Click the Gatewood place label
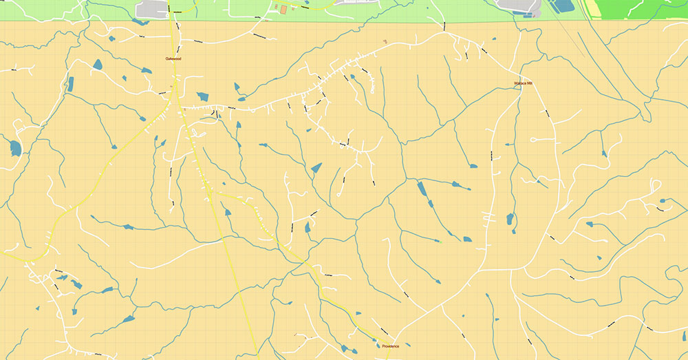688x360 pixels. click(x=173, y=59)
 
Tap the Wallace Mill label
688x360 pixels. click(x=524, y=83)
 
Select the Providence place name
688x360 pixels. click(x=390, y=346)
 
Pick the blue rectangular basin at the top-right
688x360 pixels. click(x=563, y=6)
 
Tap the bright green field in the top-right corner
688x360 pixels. click(x=647, y=8)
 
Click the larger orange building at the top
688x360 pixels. click(x=283, y=9)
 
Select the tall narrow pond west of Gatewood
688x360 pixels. click(x=70, y=84)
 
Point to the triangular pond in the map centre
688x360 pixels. click(x=316, y=167)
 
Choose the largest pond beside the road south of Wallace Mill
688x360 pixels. click(x=510, y=220)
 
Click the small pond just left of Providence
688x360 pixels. click(x=378, y=338)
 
